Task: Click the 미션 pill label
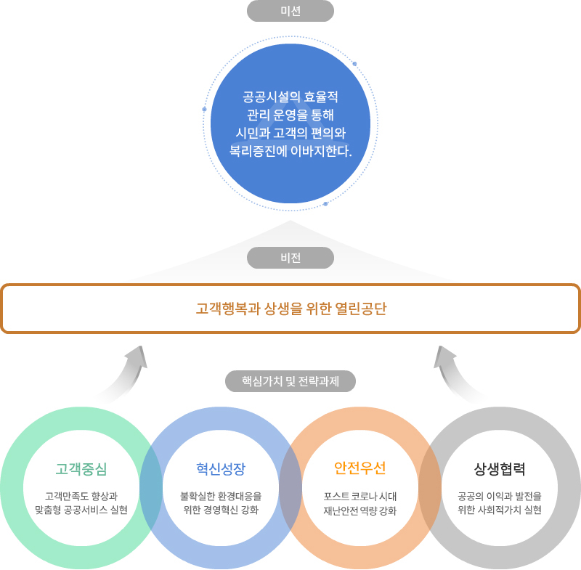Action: (290, 11)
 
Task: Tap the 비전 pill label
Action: (290, 258)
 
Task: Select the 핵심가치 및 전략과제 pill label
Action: (290, 380)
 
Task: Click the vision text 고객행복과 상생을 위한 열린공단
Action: (290, 309)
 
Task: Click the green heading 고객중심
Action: (81, 468)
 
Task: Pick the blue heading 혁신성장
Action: (221, 468)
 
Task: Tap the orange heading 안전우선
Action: (360, 468)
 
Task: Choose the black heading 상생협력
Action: (500, 468)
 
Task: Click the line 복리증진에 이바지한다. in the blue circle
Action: (290, 152)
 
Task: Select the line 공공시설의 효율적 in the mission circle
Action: (290, 97)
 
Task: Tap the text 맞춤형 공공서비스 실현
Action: (81, 510)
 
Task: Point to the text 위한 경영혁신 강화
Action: (221, 510)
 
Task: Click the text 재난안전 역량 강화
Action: (360, 510)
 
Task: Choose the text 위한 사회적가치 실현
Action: (500, 510)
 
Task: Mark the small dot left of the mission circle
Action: (205, 110)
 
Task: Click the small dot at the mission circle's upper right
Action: (354, 64)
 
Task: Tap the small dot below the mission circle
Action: (325, 204)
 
